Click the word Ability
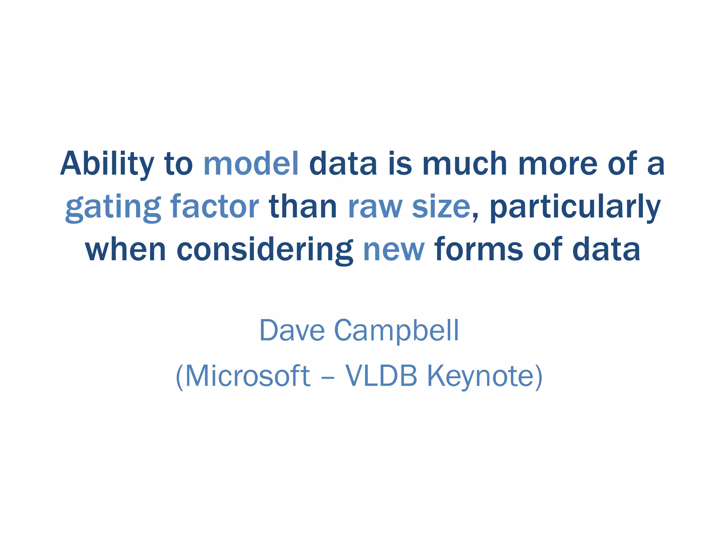107,164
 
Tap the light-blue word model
251,164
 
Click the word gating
113,207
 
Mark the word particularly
575,207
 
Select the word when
126,249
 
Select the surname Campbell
396,331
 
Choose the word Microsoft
248,376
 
